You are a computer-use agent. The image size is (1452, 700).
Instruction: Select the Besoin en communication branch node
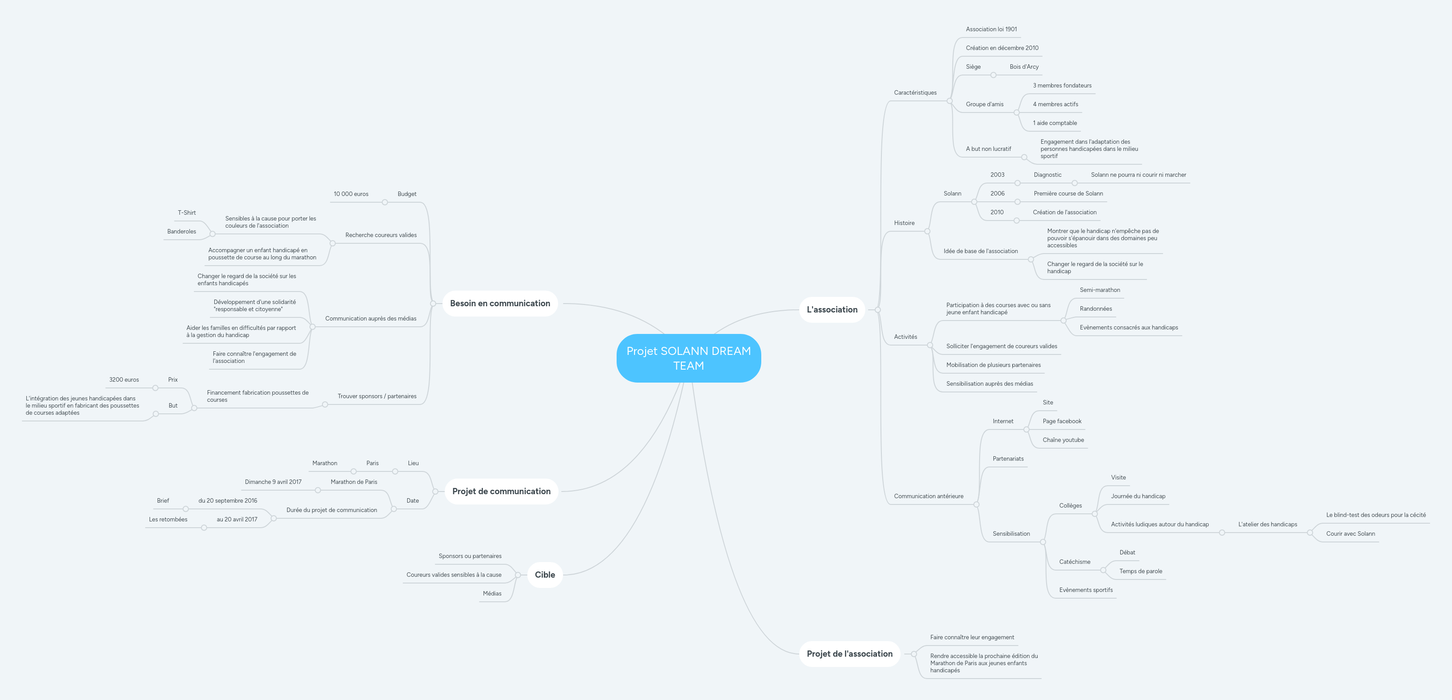point(500,303)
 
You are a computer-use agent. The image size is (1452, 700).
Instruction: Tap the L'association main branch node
point(832,309)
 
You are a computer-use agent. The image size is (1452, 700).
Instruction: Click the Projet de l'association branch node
point(849,654)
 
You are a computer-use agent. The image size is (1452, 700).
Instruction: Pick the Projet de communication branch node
point(501,491)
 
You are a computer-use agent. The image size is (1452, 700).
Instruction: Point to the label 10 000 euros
point(350,194)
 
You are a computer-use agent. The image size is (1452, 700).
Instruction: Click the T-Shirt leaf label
point(187,212)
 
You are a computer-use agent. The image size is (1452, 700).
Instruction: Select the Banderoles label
point(181,231)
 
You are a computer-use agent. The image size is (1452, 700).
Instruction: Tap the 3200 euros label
point(124,379)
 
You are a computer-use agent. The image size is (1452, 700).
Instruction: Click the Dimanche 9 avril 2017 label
point(273,482)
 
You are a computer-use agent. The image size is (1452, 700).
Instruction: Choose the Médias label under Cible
point(492,593)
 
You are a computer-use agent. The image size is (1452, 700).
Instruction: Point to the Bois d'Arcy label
point(1024,67)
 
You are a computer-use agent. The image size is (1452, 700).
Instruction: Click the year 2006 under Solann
point(997,193)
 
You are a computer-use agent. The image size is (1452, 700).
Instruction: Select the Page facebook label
point(1062,421)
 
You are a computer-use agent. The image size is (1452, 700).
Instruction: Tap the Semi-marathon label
point(1100,290)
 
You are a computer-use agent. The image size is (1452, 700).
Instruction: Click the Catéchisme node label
point(1074,562)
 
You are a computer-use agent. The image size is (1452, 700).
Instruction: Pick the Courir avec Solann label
point(1351,534)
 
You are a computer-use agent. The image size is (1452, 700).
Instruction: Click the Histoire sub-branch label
point(904,223)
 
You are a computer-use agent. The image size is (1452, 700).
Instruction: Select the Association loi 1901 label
point(992,29)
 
